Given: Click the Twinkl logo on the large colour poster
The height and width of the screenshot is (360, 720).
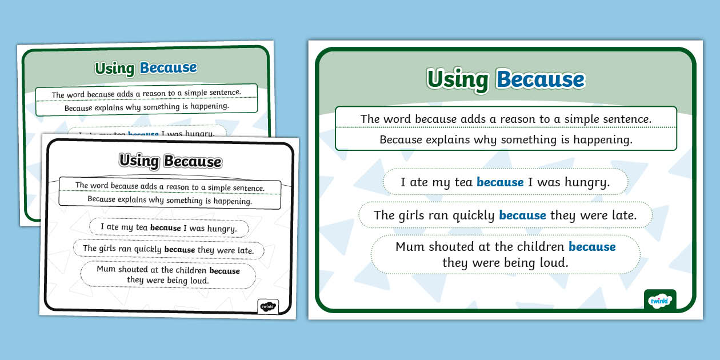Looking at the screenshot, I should coord(660,300).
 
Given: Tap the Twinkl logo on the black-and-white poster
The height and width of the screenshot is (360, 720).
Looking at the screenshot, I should coord(268,307).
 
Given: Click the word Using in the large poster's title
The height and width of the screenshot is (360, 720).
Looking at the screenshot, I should coord(458,79).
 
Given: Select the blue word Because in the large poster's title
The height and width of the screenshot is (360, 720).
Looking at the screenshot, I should coord(540,79).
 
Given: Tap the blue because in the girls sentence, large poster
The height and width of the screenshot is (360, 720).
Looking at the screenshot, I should coord(522,215).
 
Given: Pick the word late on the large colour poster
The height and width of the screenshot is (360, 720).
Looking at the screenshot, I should coord(622,215).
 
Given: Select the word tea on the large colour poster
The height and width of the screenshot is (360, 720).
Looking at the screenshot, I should coord(461,183).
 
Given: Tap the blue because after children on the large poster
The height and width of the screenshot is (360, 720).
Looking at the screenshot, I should coord(592,247).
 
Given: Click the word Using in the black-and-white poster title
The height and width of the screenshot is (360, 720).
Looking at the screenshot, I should coord(139,161).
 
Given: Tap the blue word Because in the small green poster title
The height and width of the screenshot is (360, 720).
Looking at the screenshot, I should coord(169,68).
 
